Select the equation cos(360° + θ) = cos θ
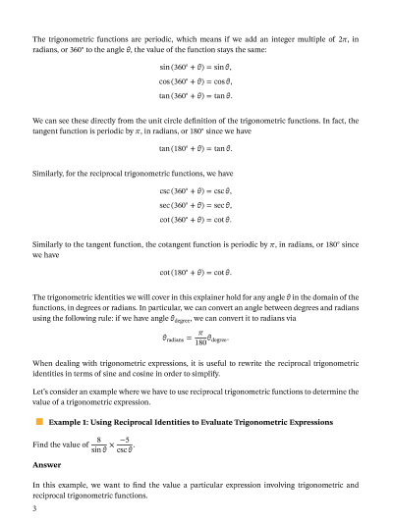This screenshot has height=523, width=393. coord(196,84)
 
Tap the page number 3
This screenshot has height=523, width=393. coord(34,509)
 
